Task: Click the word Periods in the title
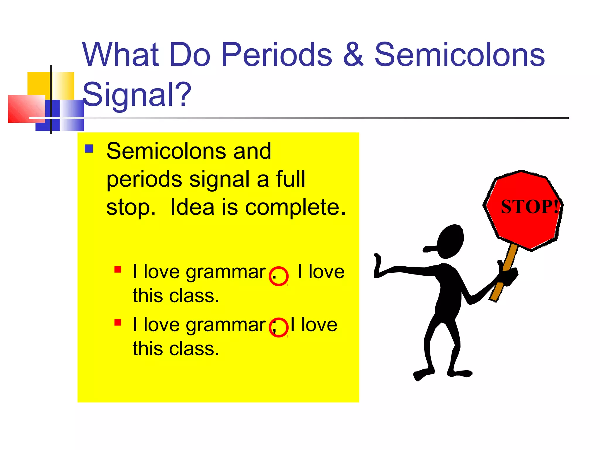(x=277, y=55)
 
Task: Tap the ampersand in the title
(x=353, y=55)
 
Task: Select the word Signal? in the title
(x=137, y=94)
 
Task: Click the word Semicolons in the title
(x=459, y=55)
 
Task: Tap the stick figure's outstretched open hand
(x=378, y=265)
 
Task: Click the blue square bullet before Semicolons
(x=89, y=149)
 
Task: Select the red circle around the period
(x=279, y=276)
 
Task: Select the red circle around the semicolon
(x=279, y=327)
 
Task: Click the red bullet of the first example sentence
(x=118, y=270)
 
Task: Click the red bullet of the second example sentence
(x=118, y=323)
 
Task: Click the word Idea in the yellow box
(x=192, y=207)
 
